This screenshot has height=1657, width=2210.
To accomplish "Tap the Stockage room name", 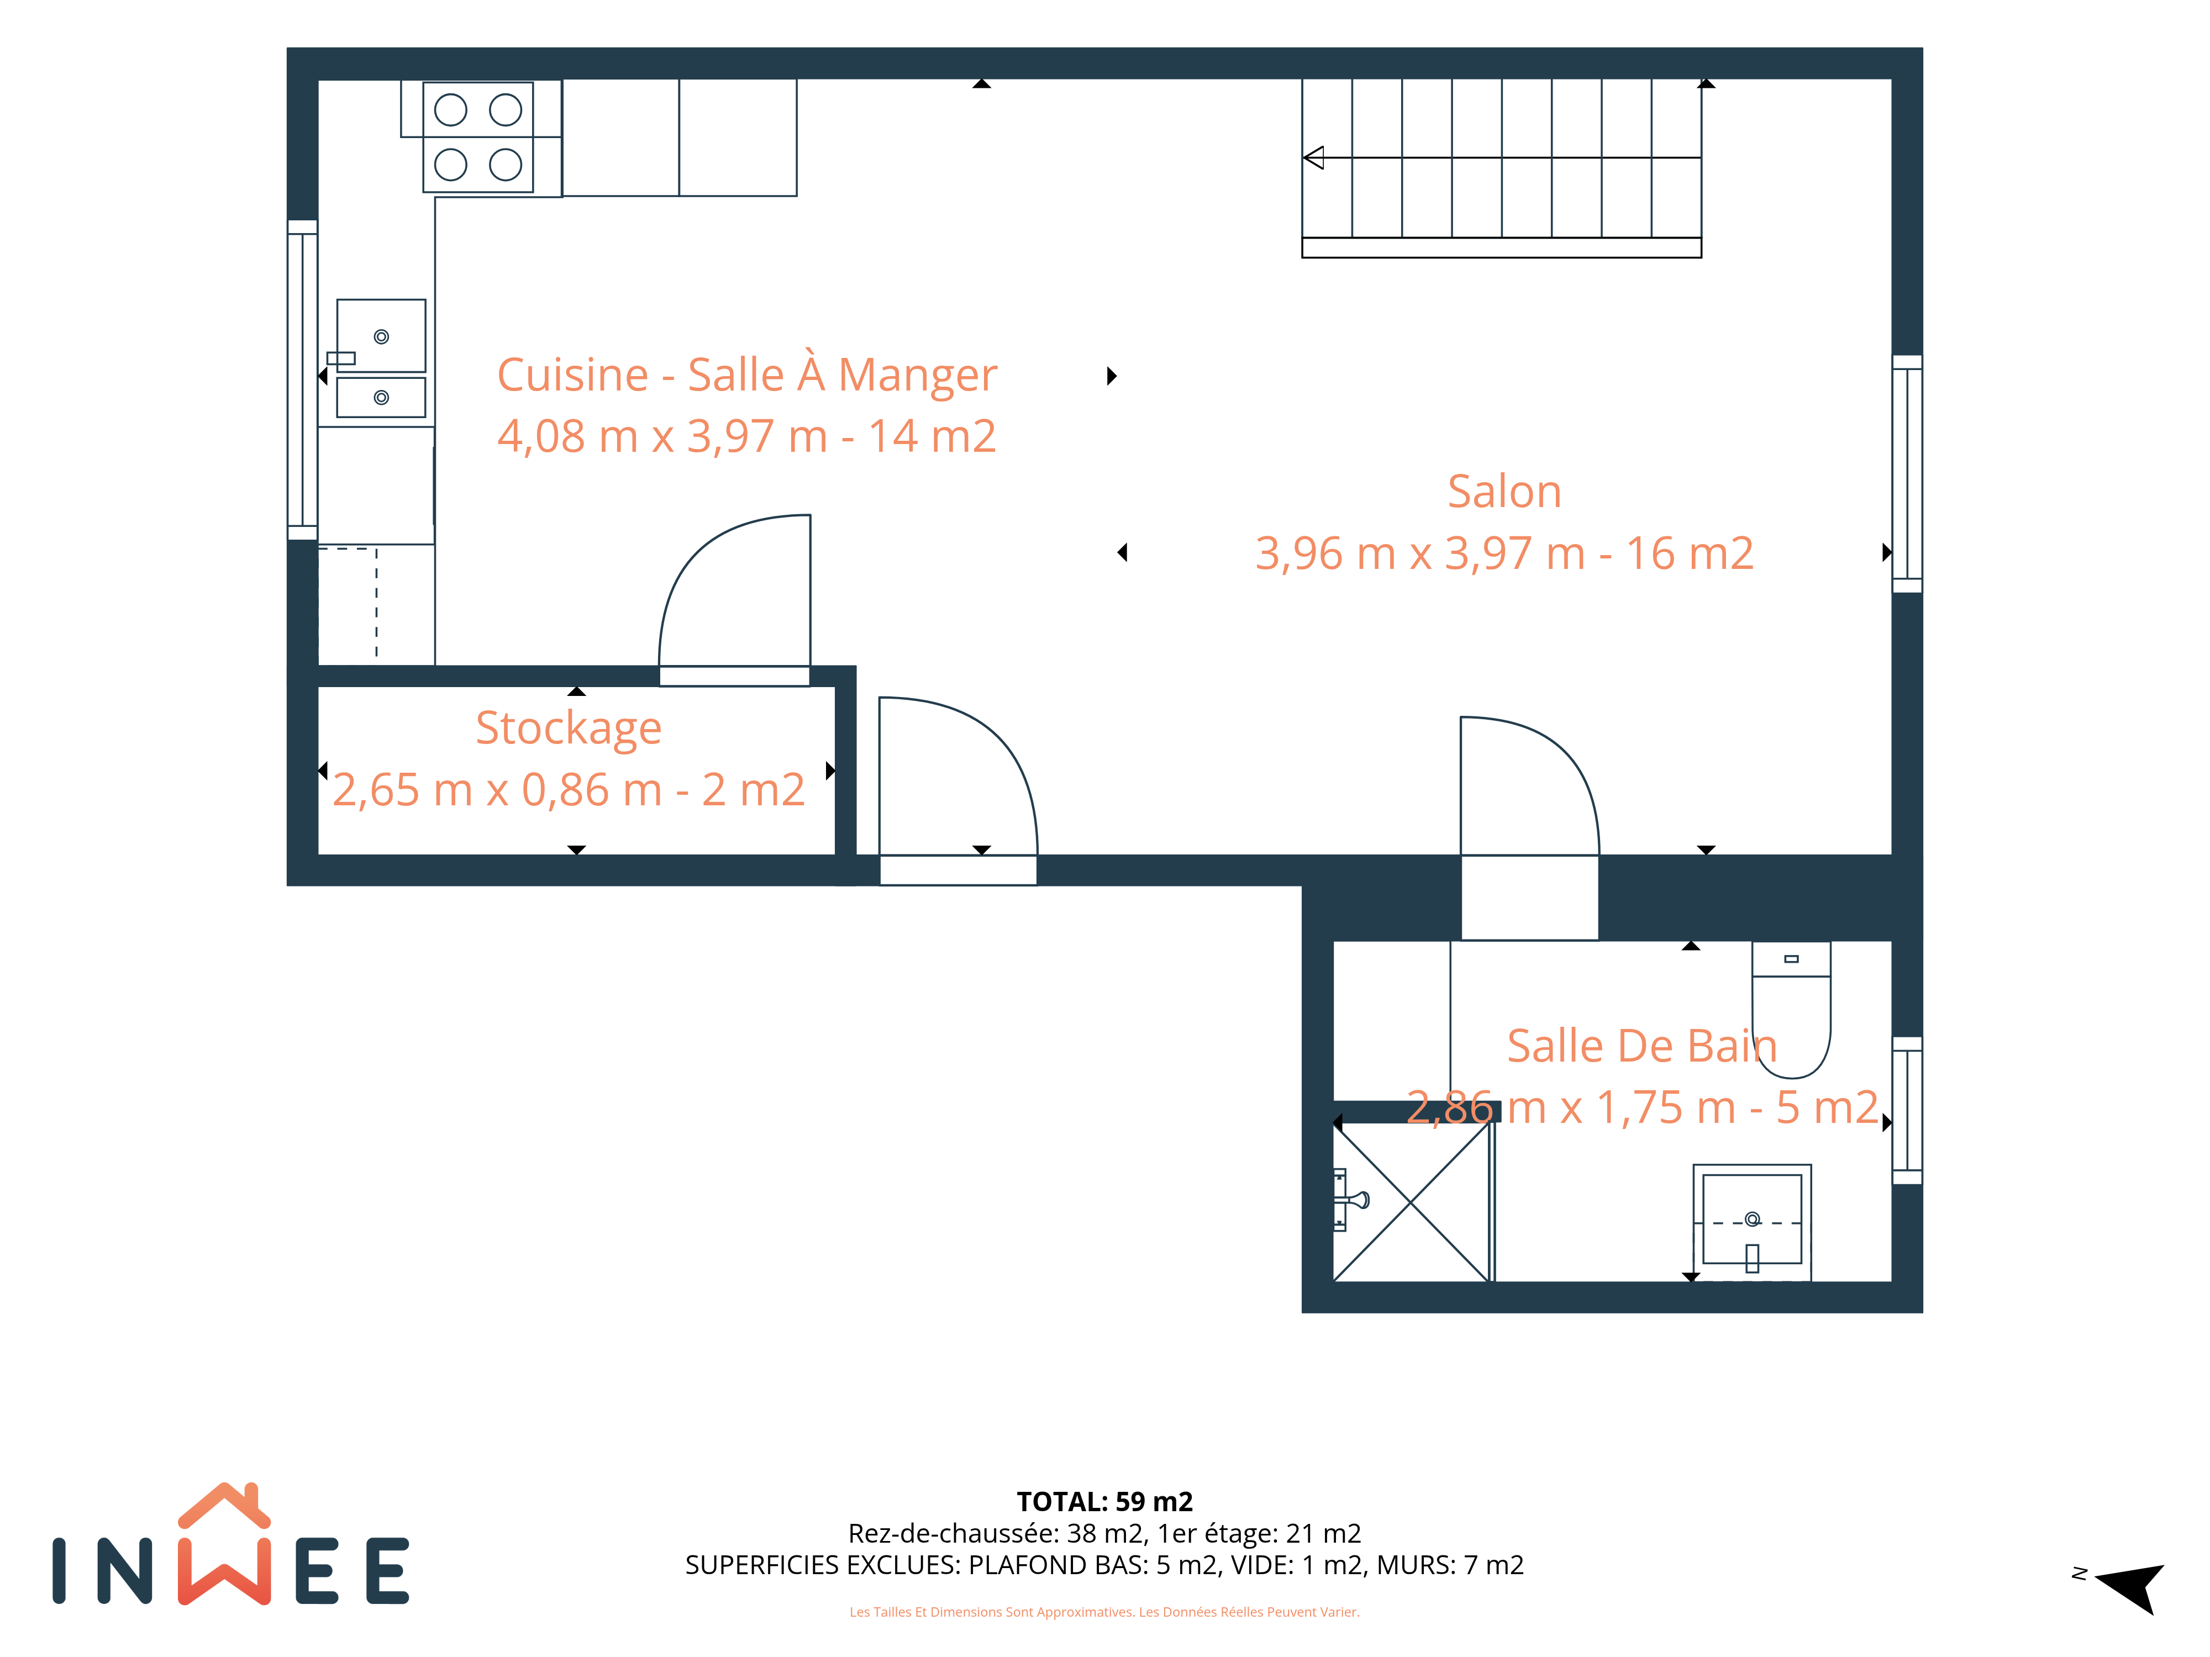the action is [x=569, y=728].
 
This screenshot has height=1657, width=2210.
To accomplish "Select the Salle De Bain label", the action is [x=1641, y=1046].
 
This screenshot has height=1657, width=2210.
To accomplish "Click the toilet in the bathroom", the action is [x=1791, y=1009].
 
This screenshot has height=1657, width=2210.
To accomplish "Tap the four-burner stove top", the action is [x=477, y=137].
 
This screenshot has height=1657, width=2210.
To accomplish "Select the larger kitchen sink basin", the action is [x=381, y=336].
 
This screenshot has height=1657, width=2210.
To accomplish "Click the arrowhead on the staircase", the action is [x=1314, y=158].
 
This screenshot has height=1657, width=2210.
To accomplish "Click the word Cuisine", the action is [x=572, y=376].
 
